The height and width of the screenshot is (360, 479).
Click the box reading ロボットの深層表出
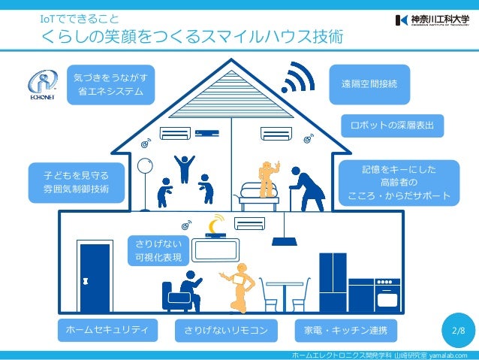pos(392,124)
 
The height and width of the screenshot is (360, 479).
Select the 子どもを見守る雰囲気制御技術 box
pos(77,183)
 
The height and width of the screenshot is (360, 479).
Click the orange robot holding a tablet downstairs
pos(236,286)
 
